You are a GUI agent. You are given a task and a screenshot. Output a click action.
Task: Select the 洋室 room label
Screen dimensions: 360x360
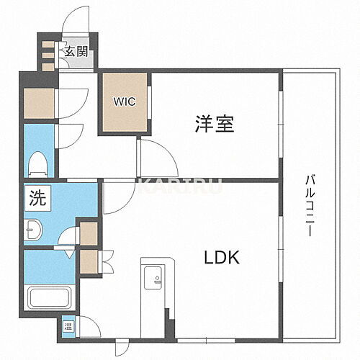coord(214,124)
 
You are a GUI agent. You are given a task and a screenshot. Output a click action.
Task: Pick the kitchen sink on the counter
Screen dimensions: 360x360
coord(153,276)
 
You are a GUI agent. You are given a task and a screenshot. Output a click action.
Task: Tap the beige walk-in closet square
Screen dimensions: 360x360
coord(124,104)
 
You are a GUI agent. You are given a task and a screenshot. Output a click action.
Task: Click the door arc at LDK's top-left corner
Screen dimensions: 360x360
coord(117,194)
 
